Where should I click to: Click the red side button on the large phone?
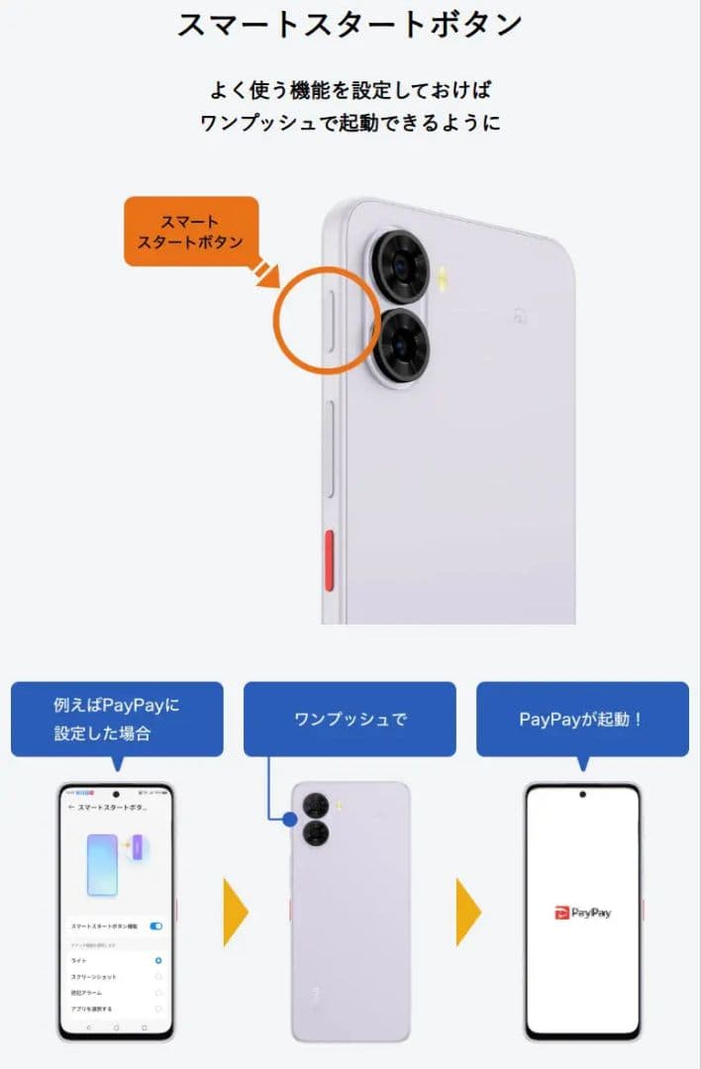pyautogui.click(x=330, y=560)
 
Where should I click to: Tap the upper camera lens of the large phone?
pyautogui.click(x=400, y=265)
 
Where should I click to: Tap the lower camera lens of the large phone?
pyautogui.click(x=400, y=343)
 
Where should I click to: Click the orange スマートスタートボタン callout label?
pyautogui.click(x=190, y=231)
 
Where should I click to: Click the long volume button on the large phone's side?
pyautogui.click(x=330, y=448)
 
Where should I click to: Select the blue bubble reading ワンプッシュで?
pyautogui.click(x=350, y=719)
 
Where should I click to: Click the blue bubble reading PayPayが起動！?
pyautogui.click(x=582, y=719)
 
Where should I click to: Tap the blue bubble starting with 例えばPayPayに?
pyautogui.click(x=117, y=719)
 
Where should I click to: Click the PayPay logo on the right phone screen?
pyautogui.click(x=582, y=912)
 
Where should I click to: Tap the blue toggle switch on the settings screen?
pyautogui.click(x=155, y=926)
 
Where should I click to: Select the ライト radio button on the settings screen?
pyautogui.click(x=158, y=960)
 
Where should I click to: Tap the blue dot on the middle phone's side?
pyautogui.click(x=290, y=820)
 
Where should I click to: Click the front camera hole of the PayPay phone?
pyautogui.click(x=582, y=794)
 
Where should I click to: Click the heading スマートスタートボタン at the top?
pyautogui.click(x=350, y=25)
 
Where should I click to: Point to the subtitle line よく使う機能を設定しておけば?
pyautogui.click(x=350, y=89)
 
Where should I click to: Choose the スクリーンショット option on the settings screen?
pyautogui.click(x=94, y=976)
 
